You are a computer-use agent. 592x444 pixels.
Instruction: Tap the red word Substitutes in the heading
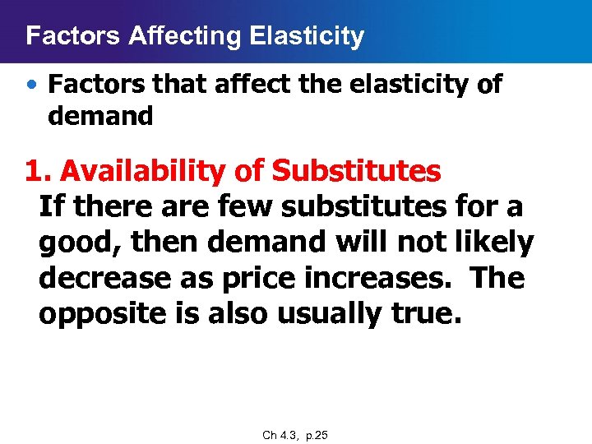[x=356, y=171]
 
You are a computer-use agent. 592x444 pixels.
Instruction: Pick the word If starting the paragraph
[x=52, y=206]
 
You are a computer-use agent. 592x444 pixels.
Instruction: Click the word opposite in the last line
[x=104, y=313]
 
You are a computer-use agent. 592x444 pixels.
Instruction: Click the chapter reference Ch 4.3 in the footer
[x=280, y=435]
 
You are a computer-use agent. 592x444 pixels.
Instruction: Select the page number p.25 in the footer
[x=317, y=435]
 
